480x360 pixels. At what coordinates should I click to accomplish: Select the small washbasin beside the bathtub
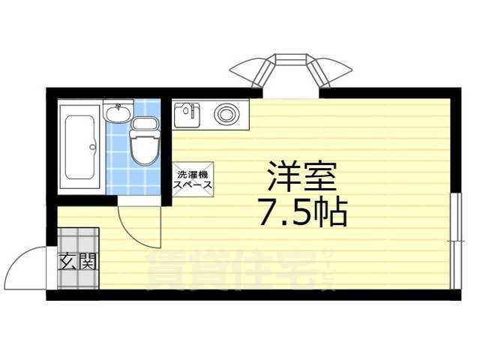(x=117, y=114)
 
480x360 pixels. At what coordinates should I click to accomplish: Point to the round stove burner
(x=225, y=115)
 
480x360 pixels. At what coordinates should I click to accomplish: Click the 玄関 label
(x=77, y=262)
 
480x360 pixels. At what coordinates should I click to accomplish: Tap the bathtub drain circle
(x=94, y=146)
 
